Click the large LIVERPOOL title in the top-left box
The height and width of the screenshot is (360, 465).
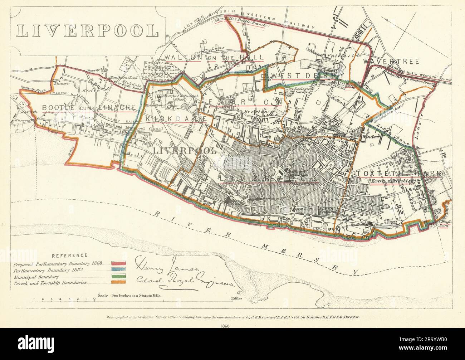coord(88,31)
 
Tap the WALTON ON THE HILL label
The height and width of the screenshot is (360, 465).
coord(214,57)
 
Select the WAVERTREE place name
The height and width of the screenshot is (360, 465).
coord(391,62)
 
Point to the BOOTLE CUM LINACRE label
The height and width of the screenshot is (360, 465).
coord(89,107)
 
